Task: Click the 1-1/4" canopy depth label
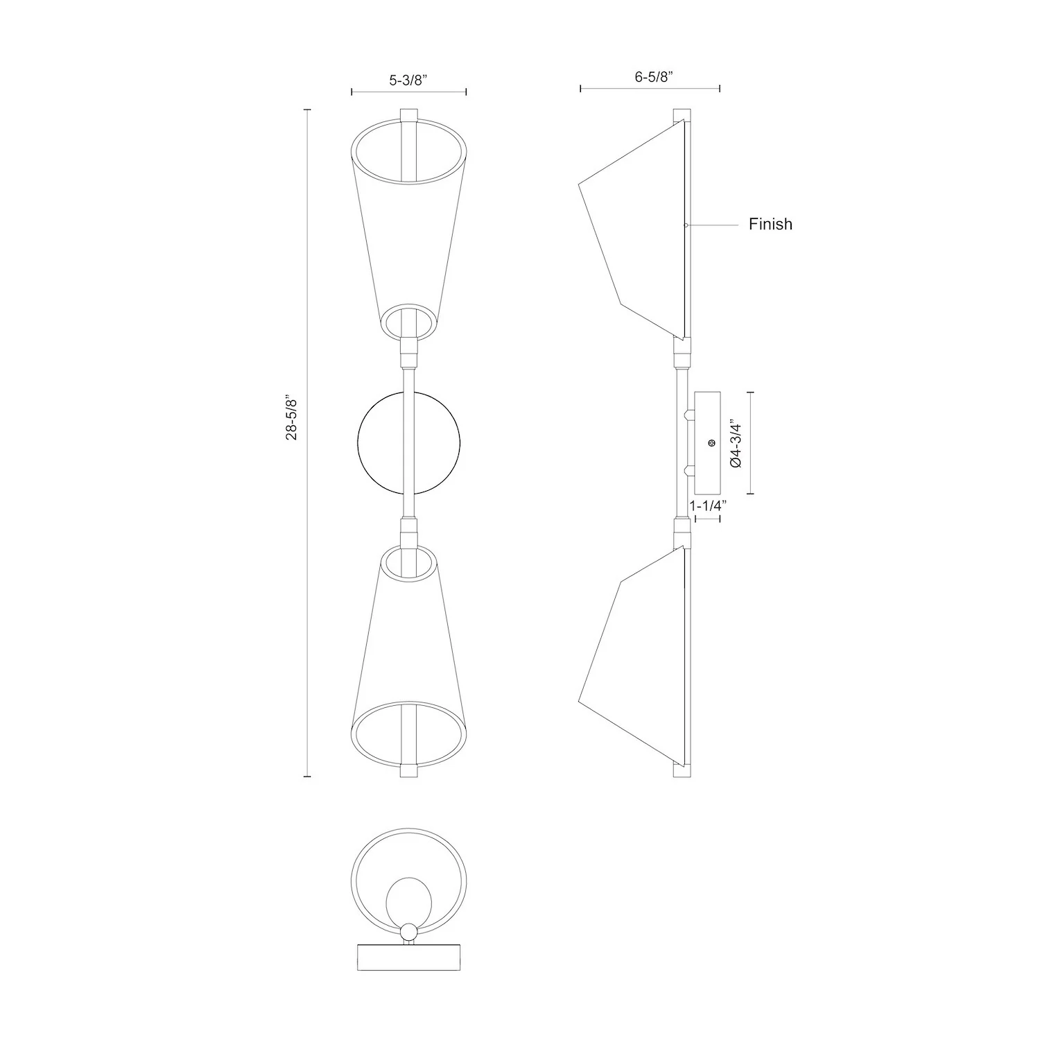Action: [707, 505]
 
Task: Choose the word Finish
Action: [770, 224]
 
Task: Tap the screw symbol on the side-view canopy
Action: [711, 442]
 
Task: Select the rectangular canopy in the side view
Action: [707, 442]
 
